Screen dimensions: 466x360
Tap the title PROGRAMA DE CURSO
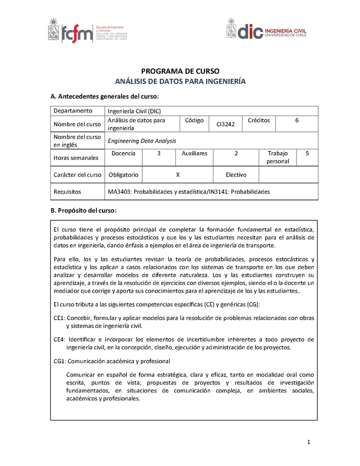[x=180, y=71]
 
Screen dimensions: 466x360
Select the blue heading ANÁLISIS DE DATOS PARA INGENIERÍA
[x=180, y=81]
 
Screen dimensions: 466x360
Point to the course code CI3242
[x=225, y=124]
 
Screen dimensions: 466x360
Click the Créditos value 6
[x=297, y=121]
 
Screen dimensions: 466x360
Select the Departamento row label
[x=73, y=111]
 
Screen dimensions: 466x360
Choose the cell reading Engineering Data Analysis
[x=142, y=141]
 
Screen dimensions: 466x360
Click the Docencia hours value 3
[x=159, y=154]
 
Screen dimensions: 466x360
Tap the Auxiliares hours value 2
[x=236, y=154]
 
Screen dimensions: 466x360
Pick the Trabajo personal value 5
[x=307, y=154]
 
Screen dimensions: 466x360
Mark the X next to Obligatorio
[x=178, y=175]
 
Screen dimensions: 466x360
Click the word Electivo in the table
[x=236, y=175]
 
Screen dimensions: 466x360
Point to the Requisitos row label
[x=67, y=192]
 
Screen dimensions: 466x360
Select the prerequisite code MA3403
[x=119, y=192]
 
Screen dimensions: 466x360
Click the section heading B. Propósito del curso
[x=84, y=210]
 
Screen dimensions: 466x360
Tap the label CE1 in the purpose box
[x=59, y=318]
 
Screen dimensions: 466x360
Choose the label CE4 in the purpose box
[x=59, y=339]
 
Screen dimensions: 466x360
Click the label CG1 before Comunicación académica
[x=60, y=361]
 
